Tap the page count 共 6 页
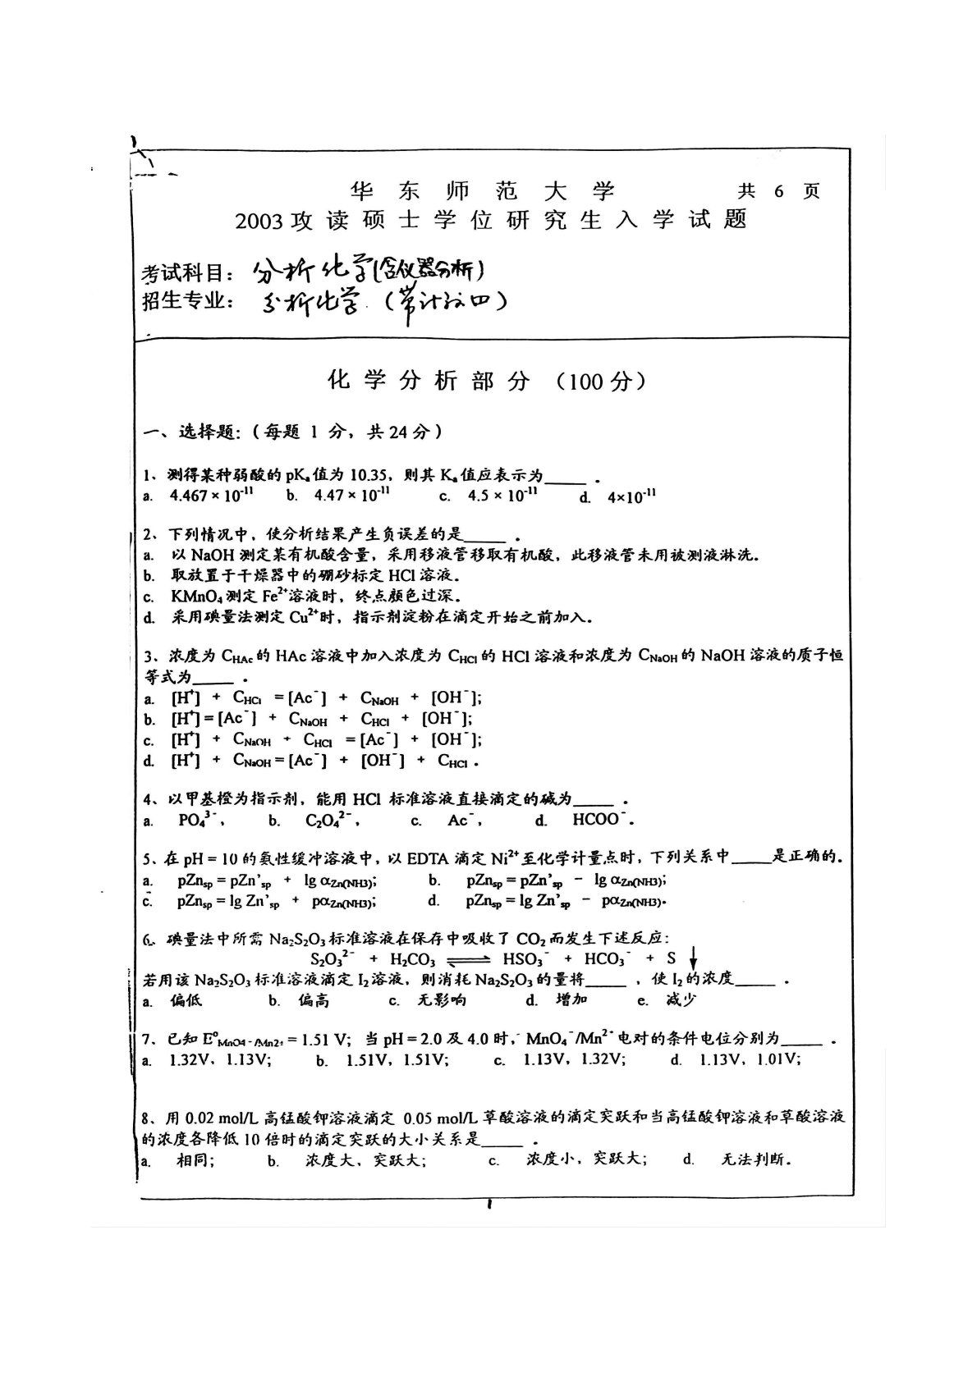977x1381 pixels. pyautogui.click(x=778, y=191)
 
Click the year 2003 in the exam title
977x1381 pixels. pyautogui.click(x=259, y=221)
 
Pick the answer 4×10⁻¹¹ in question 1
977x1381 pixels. pyautogui.click(x=631, y=496)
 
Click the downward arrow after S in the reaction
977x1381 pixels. pyautogui.click(x=693, y=957)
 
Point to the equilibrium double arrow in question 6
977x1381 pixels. pyautogui.click(x=467, y=959)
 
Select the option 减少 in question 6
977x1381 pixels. pyautogui.click(x=681, y=1000)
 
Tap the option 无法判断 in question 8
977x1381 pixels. pyautogui.click(x=756, y=1160)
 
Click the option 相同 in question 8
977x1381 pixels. pyautogui.click(x=195, y=1160)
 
